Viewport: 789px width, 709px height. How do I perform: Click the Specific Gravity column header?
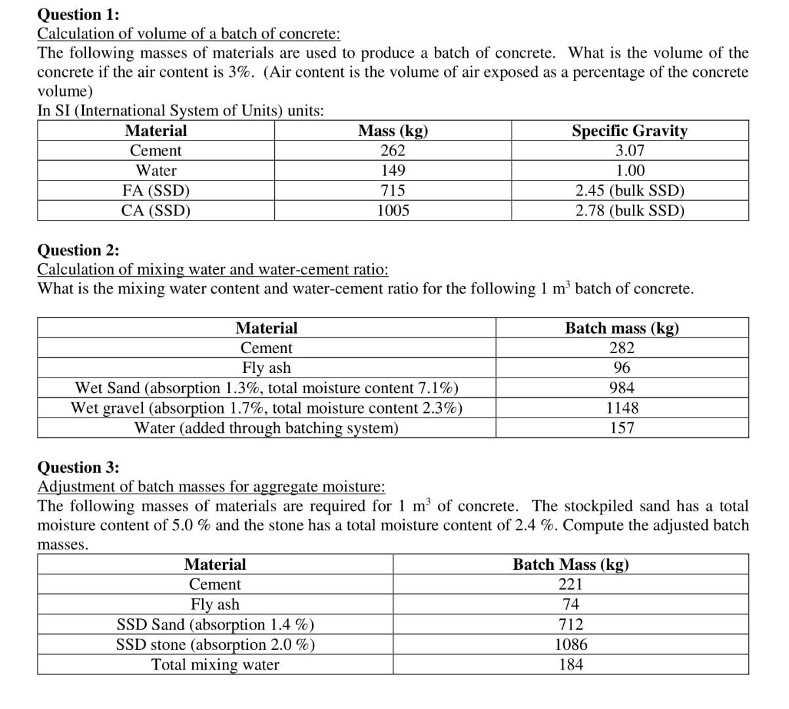point(630,131)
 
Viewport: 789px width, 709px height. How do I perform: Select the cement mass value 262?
point(392,150)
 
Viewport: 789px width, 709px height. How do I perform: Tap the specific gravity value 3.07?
point(630,150)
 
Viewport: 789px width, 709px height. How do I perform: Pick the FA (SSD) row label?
point(156,191)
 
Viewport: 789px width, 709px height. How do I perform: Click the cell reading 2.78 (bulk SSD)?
point(630,211)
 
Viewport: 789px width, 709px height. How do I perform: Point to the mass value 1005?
point(392,211)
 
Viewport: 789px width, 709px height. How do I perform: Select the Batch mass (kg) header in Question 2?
point(622,328)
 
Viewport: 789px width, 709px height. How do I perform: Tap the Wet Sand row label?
point(266,388)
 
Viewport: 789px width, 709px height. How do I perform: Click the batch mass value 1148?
point(622,408)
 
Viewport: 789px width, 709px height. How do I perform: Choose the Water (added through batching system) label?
point(266,428)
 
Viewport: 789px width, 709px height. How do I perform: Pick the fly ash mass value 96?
point(622,368)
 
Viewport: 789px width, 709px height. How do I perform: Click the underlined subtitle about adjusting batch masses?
point(211,486)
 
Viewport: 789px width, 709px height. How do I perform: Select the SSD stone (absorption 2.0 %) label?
point(215,645)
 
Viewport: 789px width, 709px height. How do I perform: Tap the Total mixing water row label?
point(215,665)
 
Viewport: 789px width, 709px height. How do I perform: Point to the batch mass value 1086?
point(571,645)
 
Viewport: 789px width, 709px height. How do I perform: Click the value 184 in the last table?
point(571,665)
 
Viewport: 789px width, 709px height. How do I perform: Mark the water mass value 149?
point(392,171)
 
